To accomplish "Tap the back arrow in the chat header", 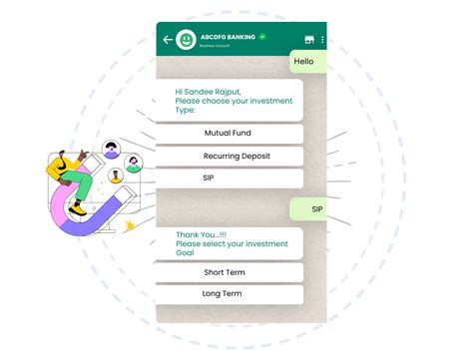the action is point(167,41).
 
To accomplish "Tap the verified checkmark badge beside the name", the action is point(262,37).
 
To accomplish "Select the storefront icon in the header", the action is point(309,41).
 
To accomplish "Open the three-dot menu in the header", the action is point(322,41).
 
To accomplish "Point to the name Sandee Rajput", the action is point(216,91).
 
